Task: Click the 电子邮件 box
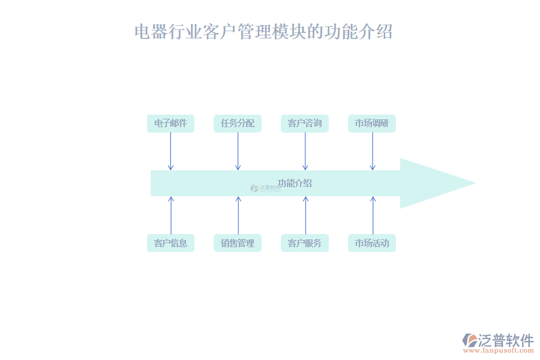coord(170,124)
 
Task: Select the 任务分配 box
coord(238,124)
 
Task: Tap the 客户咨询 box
coord(305,124)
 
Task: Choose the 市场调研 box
coord(372,124)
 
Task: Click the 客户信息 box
coord(170,243)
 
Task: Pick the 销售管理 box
coord(238,243)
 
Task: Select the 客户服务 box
coord(305,243)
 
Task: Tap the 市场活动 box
coord(372,243)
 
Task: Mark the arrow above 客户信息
coord(170,215)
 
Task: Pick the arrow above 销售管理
coord(238,215)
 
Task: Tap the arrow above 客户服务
coord(305,215)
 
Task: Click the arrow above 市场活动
coord(372,215)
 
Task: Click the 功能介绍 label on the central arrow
coord(295,183)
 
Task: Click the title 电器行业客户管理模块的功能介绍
coord(263,31)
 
